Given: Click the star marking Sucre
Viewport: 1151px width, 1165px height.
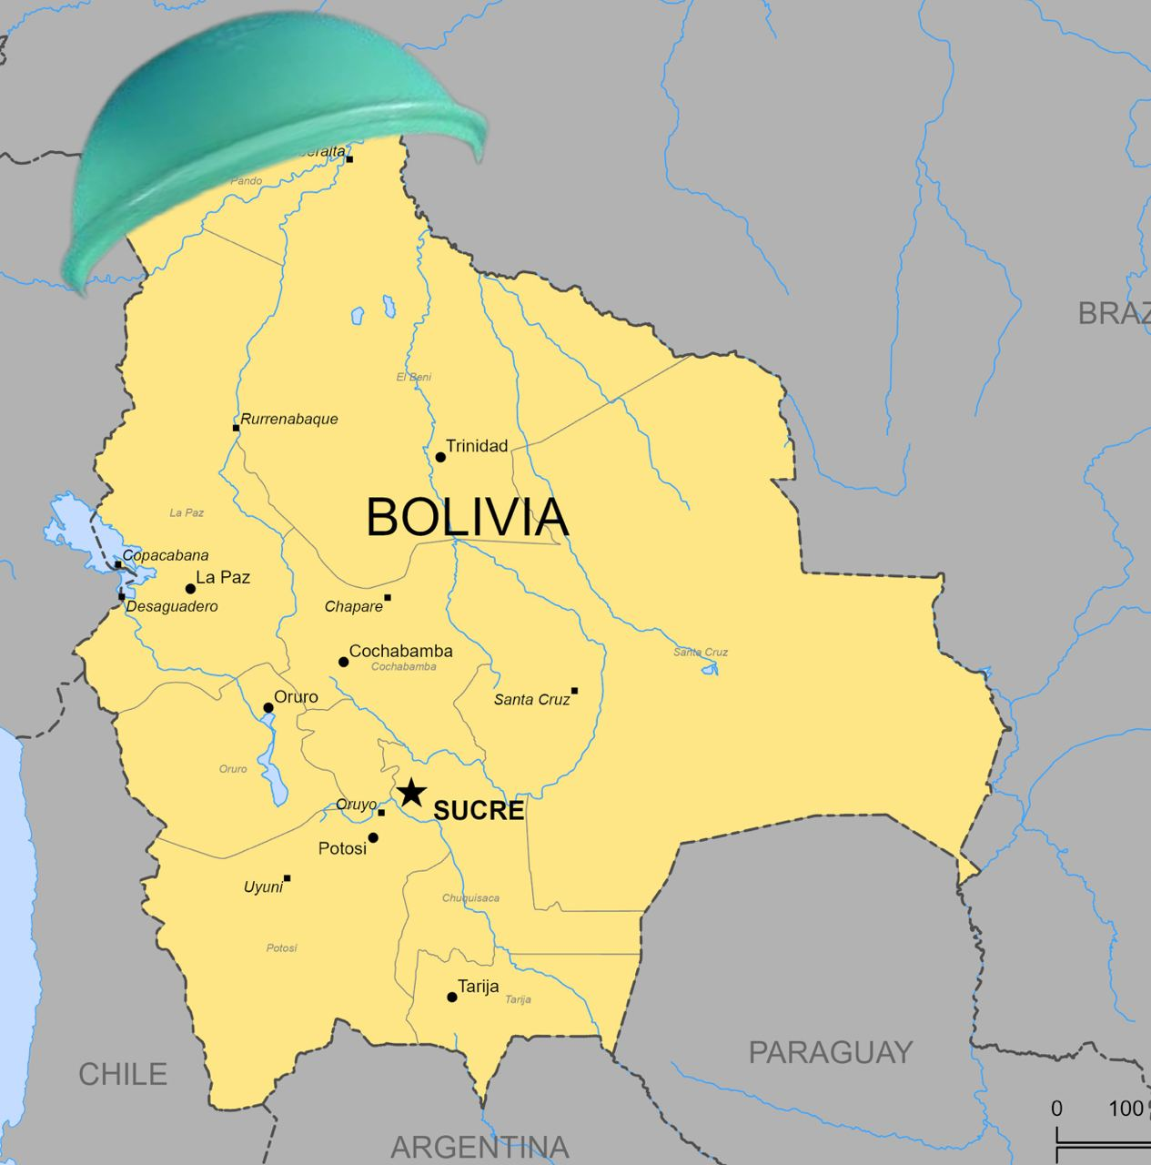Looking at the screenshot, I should point(411,792).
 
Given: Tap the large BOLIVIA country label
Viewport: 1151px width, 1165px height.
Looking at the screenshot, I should point(467,517).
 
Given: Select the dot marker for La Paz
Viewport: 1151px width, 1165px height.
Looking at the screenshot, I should point(190,589).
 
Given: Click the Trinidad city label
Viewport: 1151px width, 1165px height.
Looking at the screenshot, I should point(477,446).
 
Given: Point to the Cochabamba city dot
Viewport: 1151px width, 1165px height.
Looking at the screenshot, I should point(344,662).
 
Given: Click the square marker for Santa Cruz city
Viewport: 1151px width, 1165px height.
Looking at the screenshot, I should point(574,691).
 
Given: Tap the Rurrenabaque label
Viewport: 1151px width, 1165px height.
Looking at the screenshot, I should point(289,420).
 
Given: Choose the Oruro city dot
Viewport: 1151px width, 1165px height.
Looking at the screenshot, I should point(268,707).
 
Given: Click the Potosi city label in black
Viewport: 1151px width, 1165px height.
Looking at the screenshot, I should point(342,848).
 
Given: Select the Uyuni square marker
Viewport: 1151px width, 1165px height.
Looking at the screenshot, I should point(288,878).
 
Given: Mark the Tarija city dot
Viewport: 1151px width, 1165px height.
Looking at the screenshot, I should point(452,997).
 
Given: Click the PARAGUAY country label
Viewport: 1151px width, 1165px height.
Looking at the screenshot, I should point(830,1052).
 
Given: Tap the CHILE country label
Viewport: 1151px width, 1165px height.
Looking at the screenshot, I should point(123,1074).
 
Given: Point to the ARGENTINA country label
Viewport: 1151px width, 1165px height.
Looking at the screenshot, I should point(480,1147).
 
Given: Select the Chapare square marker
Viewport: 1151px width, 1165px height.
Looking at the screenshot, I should point(388,598).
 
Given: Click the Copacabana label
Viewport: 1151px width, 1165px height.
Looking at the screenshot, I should point(166,555).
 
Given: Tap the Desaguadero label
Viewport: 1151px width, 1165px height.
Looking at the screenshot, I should point(172,606).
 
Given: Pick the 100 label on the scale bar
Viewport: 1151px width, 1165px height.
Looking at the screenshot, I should point(1126,1109).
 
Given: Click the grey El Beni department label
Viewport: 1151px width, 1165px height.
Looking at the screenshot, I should point(414,377).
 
